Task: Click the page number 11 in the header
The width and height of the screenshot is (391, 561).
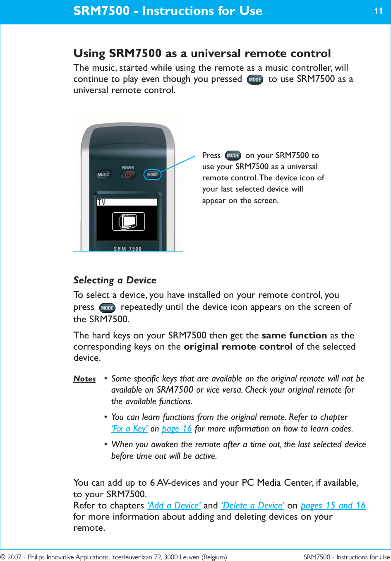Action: coord(378,11)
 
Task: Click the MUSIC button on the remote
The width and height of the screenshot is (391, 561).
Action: coord(103,175)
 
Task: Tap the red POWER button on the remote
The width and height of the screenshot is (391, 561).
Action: coord(128,175)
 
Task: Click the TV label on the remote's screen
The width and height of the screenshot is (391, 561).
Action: coord(101,202)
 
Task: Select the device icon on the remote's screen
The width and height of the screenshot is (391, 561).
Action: coord(128,221)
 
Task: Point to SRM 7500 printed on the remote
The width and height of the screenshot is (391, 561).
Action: coord(127,249)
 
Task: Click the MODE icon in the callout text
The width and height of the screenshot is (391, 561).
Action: coord(233,156)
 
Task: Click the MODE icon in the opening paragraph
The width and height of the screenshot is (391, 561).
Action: coord(255,79)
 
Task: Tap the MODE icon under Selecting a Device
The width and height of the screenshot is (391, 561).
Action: coord(107,308)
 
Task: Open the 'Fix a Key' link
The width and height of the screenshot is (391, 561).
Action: coord(130,429)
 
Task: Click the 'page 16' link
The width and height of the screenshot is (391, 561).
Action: coord(177,429)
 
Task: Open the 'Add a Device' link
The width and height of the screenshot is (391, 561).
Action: coord(174,506)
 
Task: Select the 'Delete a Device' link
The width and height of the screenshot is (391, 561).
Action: coord(252,506)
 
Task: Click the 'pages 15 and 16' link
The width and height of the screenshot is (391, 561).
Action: coord(333,506)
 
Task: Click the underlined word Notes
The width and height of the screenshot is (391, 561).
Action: coord(84,379)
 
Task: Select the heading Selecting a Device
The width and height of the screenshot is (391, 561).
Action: coord(115,280)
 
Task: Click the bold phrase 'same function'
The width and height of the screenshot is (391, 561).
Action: coord(294,336)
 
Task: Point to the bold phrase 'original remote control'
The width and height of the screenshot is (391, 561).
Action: coord(238,347)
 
